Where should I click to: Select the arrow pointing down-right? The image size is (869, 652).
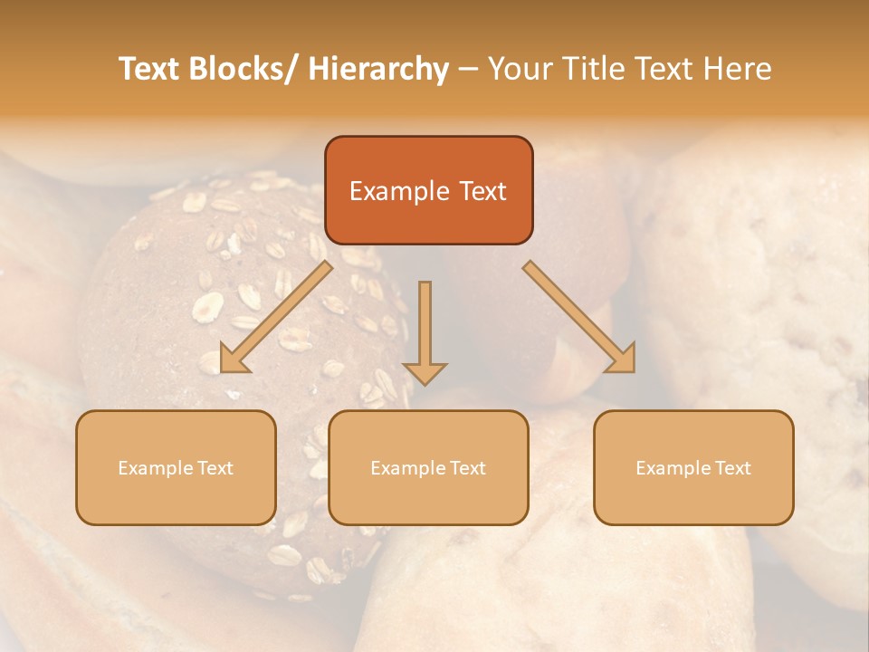tap(579, 317)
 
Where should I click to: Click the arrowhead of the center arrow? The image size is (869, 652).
tap(425, 373)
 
